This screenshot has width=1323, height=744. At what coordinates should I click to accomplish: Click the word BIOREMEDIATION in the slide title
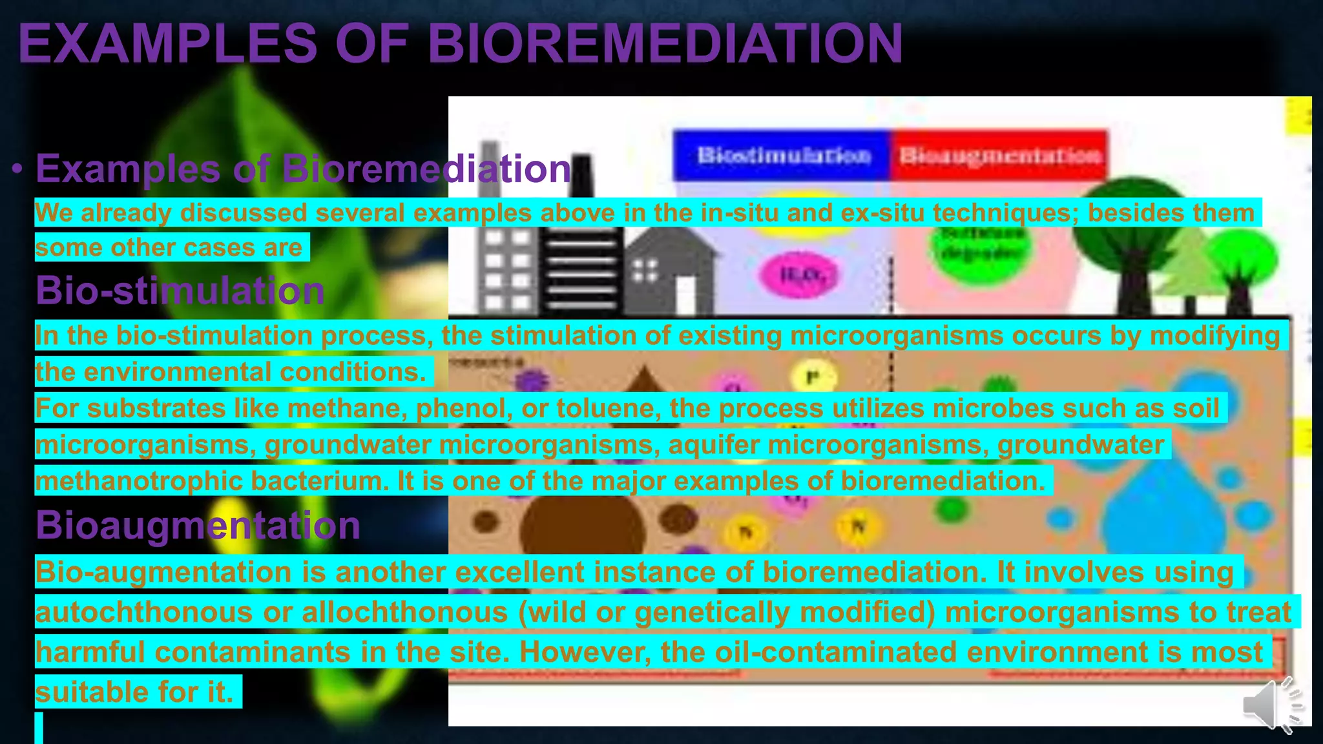pos(665,44)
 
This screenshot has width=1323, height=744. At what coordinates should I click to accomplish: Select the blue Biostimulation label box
pos(782,156)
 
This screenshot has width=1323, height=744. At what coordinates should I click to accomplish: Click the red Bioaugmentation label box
pos(999,156)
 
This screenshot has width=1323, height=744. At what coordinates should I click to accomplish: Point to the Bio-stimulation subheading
pos(180,291)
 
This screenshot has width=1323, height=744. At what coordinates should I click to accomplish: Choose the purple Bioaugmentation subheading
pos(198,525)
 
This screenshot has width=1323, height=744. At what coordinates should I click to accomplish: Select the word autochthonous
pos(144,612)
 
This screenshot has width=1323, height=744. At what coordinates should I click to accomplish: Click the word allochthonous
pos(405,612)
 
